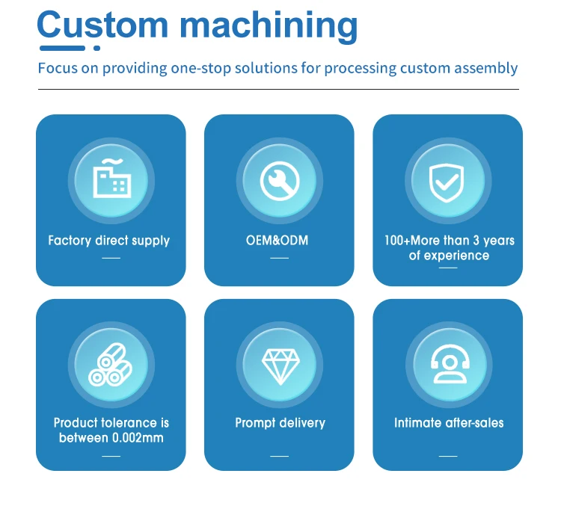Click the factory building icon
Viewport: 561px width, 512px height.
click(x=111, y=179)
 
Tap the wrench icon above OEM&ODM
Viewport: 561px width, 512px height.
click(x=280, y=181)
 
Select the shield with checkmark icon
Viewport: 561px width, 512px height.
click(x=447, y=182)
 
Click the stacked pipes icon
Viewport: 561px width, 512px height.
click(x=110, y=365)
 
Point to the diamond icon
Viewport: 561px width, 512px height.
click(x=280, y=367)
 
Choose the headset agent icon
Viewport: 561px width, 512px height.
click(x=450, y=364)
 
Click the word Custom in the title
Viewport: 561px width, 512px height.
click(x=102, y=25)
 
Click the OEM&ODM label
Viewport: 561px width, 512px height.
click(x=277, y=240)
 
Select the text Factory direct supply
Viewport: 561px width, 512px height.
click(x=108, y=241)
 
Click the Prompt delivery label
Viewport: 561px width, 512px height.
click(x=280, y=423)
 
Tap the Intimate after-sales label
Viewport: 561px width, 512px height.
click(x=449, y=423)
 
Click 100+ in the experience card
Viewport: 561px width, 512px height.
click(x=397, y=240)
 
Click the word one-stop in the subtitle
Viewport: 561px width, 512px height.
click(x=200, y=68)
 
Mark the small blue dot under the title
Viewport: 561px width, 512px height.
click(x=96, y=49)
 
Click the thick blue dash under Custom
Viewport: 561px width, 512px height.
click(x=62, y=49)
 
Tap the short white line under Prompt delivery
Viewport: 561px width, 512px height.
click(x=280, y=456)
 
